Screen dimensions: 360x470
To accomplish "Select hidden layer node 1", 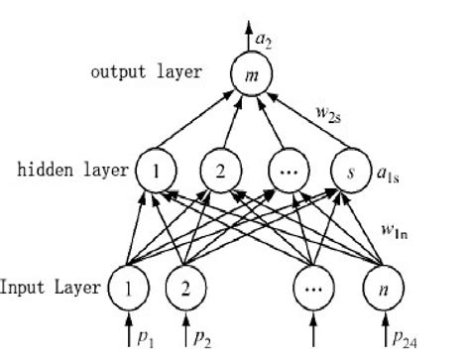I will pos(155,171).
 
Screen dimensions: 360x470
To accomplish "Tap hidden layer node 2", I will pos(219,171).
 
